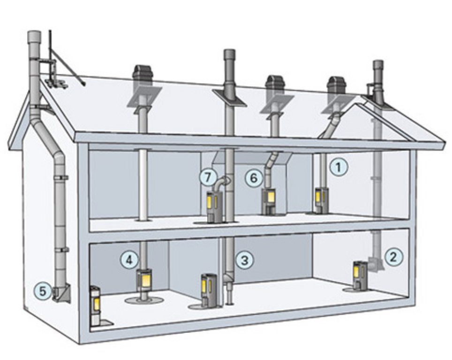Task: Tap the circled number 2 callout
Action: coord(393,256)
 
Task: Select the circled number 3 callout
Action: coord(244,259)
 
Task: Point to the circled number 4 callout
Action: coord(129,259)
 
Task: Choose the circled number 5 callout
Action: coord(43,292)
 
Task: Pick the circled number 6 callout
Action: coord(253,178)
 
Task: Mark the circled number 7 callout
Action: coord(207,177)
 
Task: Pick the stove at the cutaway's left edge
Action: coord(95,305)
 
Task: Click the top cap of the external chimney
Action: coord(34,37)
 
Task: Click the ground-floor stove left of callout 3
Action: coord(207,289)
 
